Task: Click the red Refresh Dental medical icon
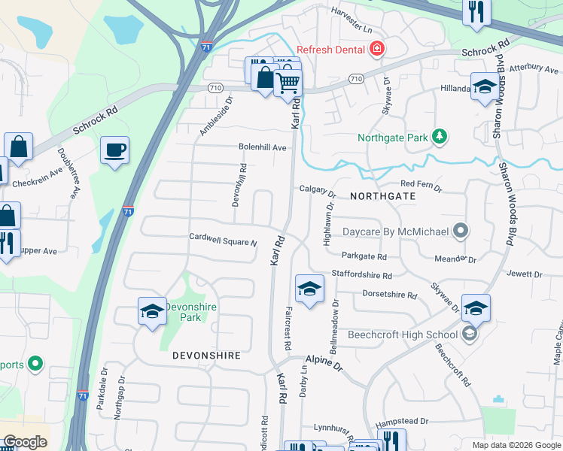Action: [377, 50]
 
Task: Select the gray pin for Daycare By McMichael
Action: [461, 232]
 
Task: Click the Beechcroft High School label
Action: [402, 334]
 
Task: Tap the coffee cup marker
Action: [114, 150]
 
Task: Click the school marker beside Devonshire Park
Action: [152, 311]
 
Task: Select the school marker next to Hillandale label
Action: [485, 86]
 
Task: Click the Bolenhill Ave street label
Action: [263, 147]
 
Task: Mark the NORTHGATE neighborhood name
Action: [382, 195]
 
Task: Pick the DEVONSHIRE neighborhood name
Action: [206, 355]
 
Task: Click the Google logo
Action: [25, 442]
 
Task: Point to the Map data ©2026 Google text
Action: [516, 445]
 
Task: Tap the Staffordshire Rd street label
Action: [362, 276]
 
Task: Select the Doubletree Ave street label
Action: [68, 173]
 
